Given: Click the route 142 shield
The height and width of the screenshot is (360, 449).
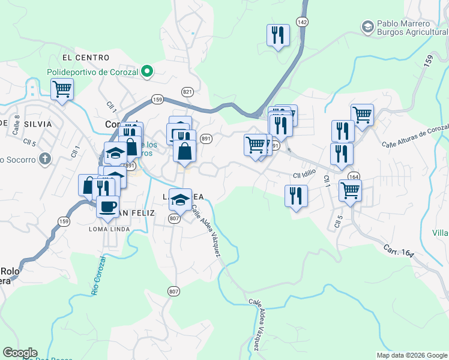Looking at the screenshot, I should click(303, 22).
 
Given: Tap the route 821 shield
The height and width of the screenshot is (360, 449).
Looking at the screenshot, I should click(187, 92).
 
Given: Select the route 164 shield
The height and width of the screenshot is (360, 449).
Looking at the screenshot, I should click(354, 176).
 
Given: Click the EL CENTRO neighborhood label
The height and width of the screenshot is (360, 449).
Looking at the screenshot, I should click(85, 58).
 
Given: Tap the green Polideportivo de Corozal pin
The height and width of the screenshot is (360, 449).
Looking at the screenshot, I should click(146, 72).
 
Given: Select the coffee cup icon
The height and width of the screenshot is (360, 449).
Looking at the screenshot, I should click(107, 206).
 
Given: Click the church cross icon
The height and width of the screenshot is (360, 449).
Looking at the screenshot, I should click(43, 160).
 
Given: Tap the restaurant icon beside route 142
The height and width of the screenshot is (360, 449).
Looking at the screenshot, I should click(278, 35).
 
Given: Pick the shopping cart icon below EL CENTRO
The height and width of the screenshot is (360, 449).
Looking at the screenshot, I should click(62, 90).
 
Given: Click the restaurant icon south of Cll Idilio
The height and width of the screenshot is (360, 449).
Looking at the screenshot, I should click(296, 196).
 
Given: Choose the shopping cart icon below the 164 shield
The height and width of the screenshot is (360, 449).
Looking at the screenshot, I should click(350, 191).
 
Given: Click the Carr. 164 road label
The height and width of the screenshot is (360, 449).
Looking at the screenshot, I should click(399, 251).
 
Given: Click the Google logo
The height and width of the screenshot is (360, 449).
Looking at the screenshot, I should click(20, 353).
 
